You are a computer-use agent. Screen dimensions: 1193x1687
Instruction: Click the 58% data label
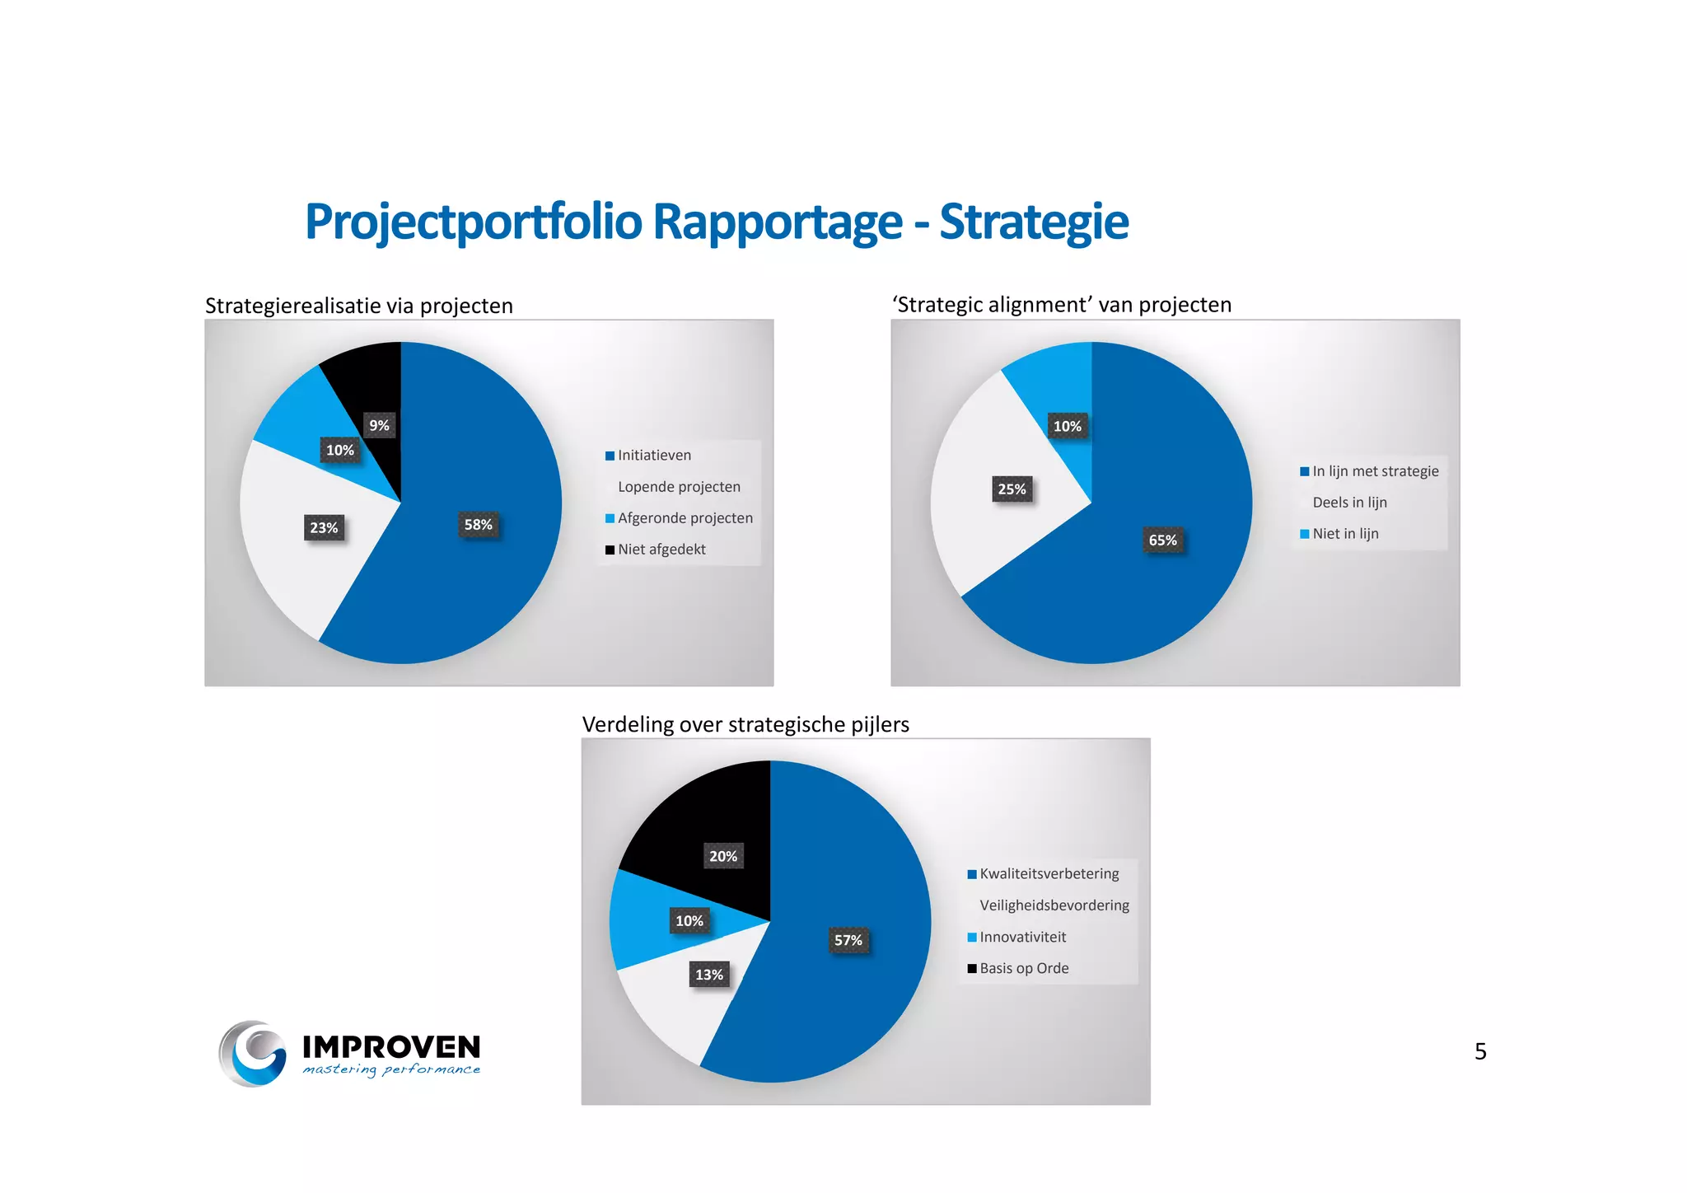(x=478, y=525)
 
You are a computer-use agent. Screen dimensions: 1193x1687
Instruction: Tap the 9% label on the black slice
(x=379, y=425)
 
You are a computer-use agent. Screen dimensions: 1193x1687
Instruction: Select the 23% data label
(x=324, y=527)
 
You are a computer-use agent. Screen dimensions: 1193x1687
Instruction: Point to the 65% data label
(x=1162, y=540)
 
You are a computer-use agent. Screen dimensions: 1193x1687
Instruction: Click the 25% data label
(x=1012, y=489)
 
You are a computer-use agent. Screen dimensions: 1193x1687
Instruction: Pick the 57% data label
(x=848, y=940)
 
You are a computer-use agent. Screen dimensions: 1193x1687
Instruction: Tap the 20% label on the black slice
(x=723, y=856)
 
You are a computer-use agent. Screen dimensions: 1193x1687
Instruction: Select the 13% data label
(x=708, y=975)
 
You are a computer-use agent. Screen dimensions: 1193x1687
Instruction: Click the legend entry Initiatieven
(x=654, y=456)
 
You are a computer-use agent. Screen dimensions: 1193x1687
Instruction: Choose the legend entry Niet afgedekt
(x=661, y=550)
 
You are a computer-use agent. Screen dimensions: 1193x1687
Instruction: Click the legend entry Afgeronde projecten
(x=685, y=518)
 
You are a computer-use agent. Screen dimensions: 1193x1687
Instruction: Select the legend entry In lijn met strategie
(x=1375, y=471)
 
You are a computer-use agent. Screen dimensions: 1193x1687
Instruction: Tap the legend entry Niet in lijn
(x=1345, y=534)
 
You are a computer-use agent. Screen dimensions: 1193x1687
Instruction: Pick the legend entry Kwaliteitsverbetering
(x=1049, y=874)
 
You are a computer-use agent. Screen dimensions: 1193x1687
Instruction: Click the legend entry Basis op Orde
(x=1024, y=969)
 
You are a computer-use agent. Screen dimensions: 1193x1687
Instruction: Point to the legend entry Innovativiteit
(x=1022, y=938)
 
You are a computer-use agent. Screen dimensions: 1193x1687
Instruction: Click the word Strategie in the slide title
(x=1033, y=222)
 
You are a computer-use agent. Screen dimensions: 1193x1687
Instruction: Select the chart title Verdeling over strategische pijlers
(x=745, y=724)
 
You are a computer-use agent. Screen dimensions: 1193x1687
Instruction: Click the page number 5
(x=1480, y=1051)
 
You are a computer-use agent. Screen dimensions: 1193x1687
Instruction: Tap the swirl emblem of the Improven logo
(x=253, y=1053)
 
